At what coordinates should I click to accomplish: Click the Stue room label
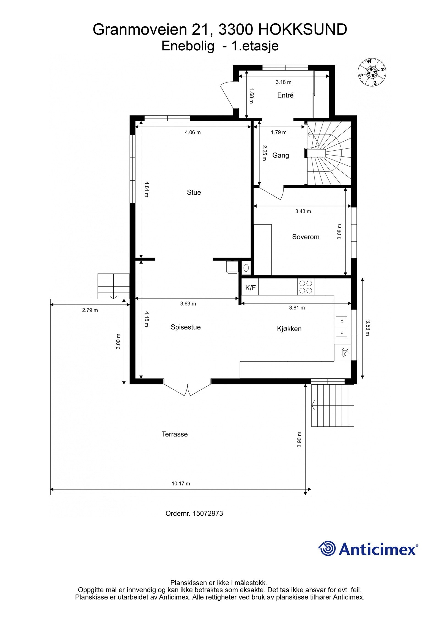point(194,192)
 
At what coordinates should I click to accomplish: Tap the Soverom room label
point(306,237)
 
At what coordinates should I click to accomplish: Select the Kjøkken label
point(289,329)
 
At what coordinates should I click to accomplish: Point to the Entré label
point(285,95)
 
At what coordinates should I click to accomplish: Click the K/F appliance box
point(250,288)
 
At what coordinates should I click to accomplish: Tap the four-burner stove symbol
point(306,287)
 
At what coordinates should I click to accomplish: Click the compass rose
point(372,72)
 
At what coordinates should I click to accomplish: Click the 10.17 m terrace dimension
point(181,483)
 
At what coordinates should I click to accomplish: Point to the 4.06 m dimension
point(193,132)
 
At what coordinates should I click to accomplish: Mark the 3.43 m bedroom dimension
point(303,211)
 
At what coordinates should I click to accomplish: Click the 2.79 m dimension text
point(90,310)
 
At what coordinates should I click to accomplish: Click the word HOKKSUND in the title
point(302,30)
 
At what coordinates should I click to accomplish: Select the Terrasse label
point(175,434)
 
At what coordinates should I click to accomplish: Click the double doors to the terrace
point(188,389)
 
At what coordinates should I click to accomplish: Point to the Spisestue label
point(186,327)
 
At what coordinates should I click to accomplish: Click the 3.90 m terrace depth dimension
point(299,439)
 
